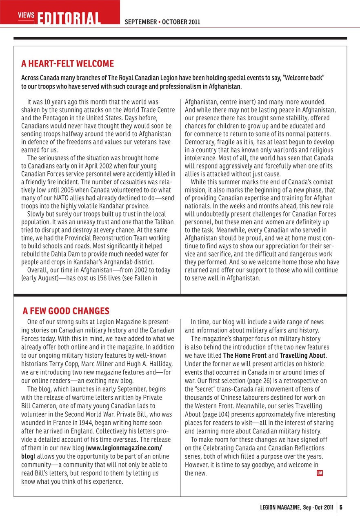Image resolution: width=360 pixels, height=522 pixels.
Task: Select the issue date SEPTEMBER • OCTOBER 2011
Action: coord(162,22)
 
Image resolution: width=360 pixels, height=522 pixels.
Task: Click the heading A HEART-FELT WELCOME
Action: coord(67,64)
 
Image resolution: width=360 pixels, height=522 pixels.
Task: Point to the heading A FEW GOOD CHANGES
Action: coord(66,311)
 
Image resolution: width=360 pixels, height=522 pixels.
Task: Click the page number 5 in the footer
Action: coord(341,508)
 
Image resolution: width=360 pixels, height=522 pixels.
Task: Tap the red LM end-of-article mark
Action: coord(320,473)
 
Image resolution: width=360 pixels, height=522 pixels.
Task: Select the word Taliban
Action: coord(164,222)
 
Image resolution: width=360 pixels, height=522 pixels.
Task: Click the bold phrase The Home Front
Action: coord(239,355)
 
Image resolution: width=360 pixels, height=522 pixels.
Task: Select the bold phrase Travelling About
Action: coord(302,355)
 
